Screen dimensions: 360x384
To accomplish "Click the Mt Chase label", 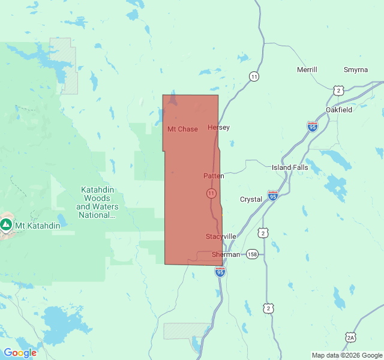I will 182,129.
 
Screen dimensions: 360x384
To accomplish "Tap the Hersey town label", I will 218,127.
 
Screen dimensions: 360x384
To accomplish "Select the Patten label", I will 214,176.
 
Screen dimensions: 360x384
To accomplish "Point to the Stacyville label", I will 221,236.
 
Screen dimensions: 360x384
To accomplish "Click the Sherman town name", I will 226,254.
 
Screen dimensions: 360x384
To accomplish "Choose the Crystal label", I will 251,199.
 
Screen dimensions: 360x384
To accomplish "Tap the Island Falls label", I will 290,167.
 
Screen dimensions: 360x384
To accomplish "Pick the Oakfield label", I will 339,110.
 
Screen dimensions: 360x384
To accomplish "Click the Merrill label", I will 307,70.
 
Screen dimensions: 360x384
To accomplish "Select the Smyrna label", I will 356,70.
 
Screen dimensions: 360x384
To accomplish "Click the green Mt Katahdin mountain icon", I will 6,225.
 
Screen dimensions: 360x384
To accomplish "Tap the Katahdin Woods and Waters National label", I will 97,202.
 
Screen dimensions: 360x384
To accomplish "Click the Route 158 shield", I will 252,254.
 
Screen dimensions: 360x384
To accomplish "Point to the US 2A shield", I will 350,337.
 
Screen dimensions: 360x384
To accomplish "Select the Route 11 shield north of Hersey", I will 254,76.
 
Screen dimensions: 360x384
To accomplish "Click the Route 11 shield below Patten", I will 211,193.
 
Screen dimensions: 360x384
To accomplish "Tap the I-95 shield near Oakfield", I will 313,127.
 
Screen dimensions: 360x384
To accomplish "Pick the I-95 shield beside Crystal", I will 273,196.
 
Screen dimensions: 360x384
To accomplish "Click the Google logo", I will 20,353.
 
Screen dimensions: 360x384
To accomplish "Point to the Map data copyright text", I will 347,355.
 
